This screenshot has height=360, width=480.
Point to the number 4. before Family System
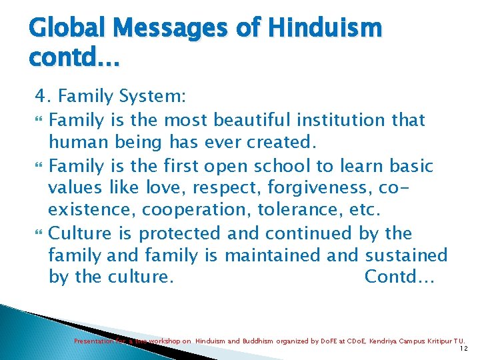(44, 97)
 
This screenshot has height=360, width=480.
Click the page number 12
(464, 349)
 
